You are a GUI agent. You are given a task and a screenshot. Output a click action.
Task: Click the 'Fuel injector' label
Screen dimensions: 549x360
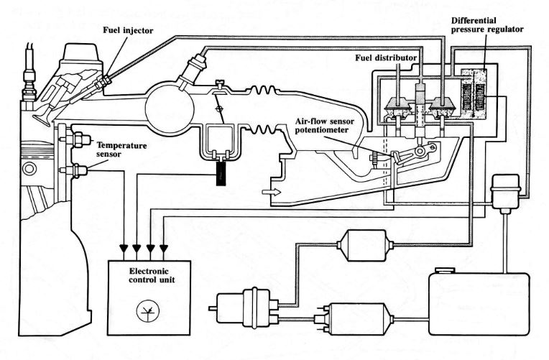[x=128, y=30]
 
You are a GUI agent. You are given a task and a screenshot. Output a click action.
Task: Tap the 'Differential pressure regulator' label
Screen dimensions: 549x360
[x=487, y=25]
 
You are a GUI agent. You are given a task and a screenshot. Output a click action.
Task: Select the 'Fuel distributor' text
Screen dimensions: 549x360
[x=386, y=57]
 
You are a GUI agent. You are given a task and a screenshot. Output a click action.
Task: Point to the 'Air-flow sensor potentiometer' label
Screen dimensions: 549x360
[x=325, y=126]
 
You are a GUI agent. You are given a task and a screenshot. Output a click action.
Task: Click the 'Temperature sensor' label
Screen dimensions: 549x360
[x=121, y=149]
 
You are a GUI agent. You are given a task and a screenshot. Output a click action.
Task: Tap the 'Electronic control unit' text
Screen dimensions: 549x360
[x=152, y=275]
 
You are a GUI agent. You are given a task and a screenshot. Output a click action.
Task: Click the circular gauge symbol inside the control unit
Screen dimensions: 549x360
[x=148, y=311]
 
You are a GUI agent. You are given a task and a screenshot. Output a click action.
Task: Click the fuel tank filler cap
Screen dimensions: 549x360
[x=445, y=270]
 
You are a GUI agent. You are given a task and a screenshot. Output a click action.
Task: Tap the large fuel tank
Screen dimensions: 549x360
[x=479, y=304]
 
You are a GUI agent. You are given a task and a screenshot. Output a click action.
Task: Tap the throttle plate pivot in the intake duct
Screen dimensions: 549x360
[x=219, y=109]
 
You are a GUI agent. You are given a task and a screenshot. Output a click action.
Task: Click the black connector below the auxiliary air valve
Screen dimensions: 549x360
[x=221, y=174]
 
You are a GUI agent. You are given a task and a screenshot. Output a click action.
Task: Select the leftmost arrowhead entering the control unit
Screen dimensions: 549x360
[x=124, y=249]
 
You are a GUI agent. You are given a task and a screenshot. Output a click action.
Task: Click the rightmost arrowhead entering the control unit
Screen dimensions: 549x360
[x=164, y=249]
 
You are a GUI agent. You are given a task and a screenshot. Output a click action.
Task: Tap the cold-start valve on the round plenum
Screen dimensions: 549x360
[x=193, y=70]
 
